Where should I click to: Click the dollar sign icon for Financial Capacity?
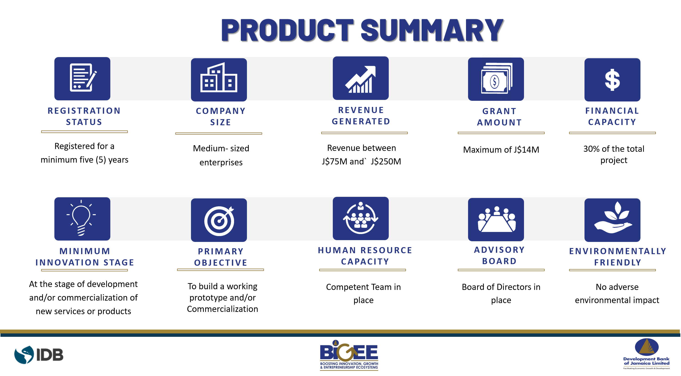612,80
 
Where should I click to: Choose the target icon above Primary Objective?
219,220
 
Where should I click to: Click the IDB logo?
39,355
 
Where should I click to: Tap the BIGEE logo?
349,355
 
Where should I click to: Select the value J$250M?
386,161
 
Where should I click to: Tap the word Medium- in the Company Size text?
210,148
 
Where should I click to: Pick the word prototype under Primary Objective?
207,298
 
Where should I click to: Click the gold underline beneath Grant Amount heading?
501,133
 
